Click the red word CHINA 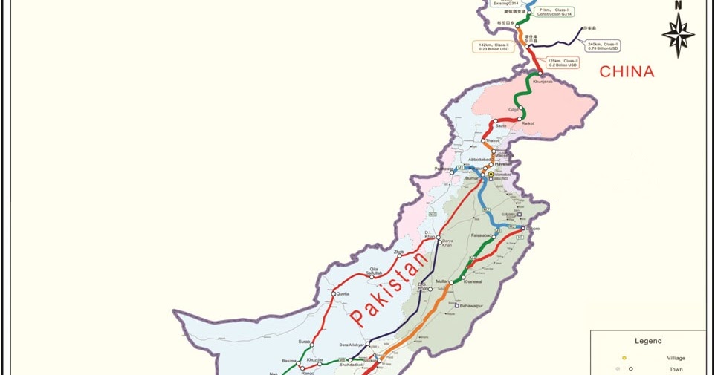pyautogui.click(x=627, y=72)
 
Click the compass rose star pyautogui.click(x=677, y=35)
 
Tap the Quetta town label pyautogui.click(x=342, y=294)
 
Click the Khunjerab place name pyautogui.click(x=543, y=82)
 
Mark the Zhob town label pyautogui.click(x=399, y=252)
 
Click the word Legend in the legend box pyautogui.click(x=647, y=341)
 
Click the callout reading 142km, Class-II pyautogui.click(x=494, y=47)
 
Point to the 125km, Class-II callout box pyautogui.click(x=563, y=62)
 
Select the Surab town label pyautogui.click(x=305, y=342)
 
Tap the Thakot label pyautogui.click(x=493, y=140)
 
